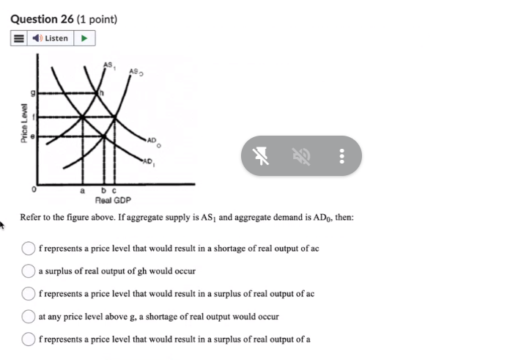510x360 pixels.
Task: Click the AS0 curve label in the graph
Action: [x=136, y=71]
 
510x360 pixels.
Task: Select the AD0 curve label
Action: [x=152, y=140]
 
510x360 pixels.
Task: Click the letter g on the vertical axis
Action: [x=32, y=93]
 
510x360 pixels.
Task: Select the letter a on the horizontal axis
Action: [x=81, y=190]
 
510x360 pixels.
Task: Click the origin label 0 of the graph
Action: [x=32, y=189]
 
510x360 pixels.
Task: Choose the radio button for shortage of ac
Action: [x=29, y=248]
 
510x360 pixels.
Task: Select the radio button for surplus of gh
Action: [x=29, y=271]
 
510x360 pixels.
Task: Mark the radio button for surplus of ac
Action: [x=29, y=293]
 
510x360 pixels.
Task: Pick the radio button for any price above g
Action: [x=29, y=316]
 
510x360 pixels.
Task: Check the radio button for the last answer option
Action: [x=29, y=339]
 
